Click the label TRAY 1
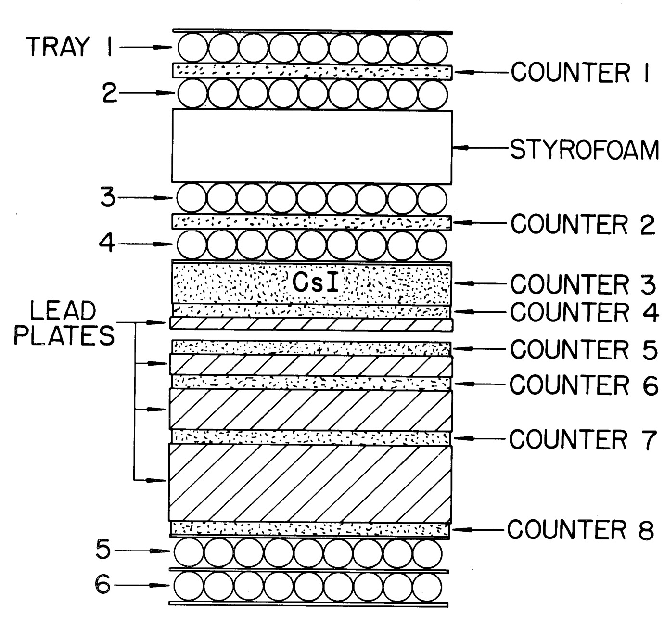(70, 47)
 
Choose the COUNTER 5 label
(584, 349)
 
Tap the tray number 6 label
(103, 586)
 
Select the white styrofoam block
(312, 147)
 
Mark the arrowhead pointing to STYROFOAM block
(460, 148)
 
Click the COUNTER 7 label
(583, 439)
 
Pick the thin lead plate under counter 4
(311, 324)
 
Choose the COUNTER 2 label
(583, 224)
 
